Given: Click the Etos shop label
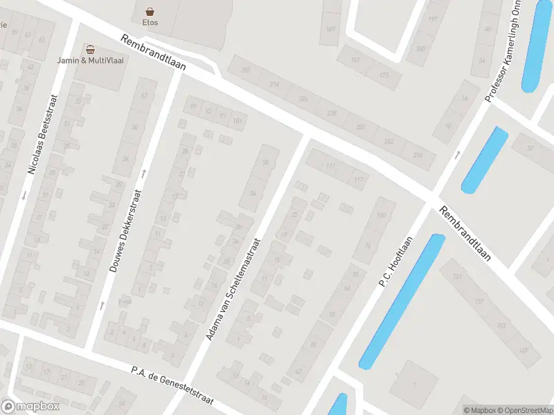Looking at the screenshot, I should (150, 23).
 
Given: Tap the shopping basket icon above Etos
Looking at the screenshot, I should (150, 11).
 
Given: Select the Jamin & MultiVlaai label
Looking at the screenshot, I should (90, 60).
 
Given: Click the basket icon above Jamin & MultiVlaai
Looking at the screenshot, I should (90, 49).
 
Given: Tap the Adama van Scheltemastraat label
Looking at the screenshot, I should (233, 289).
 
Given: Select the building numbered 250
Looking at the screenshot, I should (359, 127).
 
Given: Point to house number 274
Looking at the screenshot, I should (417, 155).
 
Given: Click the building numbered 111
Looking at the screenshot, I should (330, 166).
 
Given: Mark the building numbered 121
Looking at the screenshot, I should (457, 277).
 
